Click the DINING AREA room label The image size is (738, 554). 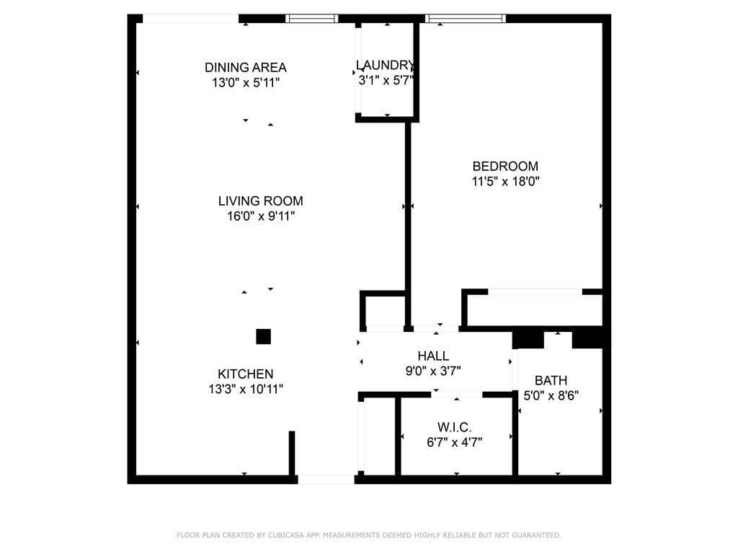245,67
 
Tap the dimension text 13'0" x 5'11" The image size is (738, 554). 245,82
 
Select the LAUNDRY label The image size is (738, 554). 386,65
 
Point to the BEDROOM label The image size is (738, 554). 505,166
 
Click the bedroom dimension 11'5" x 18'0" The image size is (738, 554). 505,182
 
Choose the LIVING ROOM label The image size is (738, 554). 260,201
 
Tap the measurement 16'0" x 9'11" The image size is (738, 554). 260,216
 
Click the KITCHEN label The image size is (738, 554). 245,374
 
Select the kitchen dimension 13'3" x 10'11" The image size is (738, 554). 245,390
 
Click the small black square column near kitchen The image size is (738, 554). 263,336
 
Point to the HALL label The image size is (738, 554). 433,356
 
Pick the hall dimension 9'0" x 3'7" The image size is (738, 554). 433,371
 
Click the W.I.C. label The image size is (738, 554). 454,427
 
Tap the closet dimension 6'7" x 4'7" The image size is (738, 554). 454,442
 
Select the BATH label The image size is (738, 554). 551,380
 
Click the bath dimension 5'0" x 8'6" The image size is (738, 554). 551,395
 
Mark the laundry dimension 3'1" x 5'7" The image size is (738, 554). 386,80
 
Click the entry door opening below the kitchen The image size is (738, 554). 326,479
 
